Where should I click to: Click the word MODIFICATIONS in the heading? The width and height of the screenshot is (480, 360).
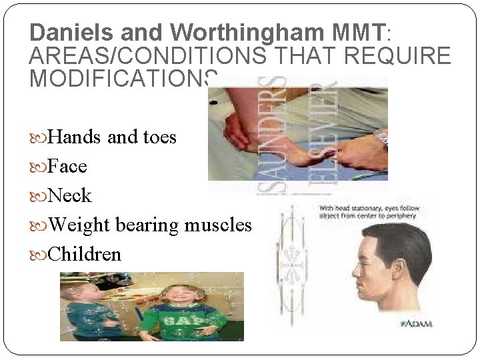123,78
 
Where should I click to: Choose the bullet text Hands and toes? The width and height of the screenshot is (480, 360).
112,137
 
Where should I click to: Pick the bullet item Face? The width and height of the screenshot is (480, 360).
67,167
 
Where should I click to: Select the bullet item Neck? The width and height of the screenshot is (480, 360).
70,196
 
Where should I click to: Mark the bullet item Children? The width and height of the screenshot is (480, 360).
85,255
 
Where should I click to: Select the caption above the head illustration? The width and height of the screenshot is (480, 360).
370,213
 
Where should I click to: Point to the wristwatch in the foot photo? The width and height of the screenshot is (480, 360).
381,139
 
